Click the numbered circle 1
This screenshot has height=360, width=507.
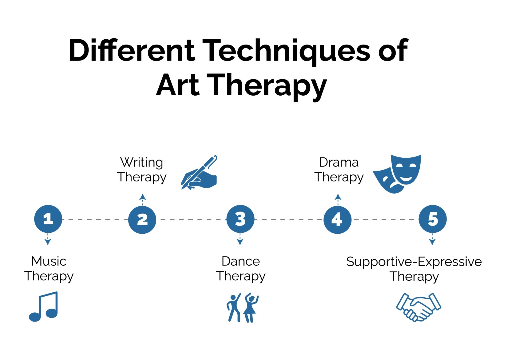[x=48, y=219]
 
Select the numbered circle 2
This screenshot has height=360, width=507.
[x=142, y=219]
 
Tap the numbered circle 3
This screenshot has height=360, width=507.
[x=240, y=219]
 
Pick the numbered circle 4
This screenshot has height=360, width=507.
[x=337, y=219]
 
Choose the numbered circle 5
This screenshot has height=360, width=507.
[x=433, y=219]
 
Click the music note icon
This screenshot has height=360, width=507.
[x=44, y=306]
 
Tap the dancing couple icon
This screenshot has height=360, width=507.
[x=243, y=308]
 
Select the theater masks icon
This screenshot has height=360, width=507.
[x=397, y=174]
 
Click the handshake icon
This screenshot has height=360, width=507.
[x=419, y=307]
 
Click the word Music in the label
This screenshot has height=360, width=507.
[x=49, y=261]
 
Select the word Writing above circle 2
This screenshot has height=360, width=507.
[x=142, y=162]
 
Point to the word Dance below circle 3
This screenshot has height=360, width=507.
[x=241, y=261]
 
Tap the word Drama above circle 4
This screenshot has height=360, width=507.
[x=339, y=162]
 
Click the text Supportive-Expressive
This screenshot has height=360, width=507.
[x=414, y=262]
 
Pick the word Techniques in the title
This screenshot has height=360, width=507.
[x=288, y=51]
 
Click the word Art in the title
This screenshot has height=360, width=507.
[x=177, y=85]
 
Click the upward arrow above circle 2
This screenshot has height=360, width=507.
[x=143, y=199]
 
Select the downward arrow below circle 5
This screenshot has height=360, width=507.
[x=432, y=239]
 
